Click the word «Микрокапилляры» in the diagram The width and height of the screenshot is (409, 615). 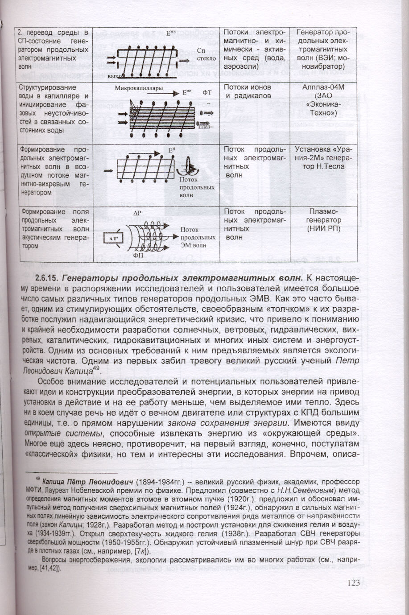[139, 88]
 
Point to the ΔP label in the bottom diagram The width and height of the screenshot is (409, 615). [137, 214]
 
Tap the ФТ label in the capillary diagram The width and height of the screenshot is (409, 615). [207, 92]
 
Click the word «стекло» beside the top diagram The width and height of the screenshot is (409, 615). [206, 58]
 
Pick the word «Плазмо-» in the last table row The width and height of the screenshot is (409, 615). [324, 212]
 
